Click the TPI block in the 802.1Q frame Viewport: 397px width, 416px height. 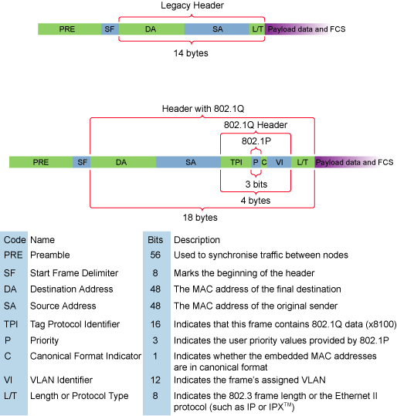tap(236, 162)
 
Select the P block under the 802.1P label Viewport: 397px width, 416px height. tap(256, 162)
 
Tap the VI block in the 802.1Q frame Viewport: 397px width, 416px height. tap(279, 162)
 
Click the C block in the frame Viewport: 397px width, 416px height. tap(264, 162)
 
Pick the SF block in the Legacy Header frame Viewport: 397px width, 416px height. tap(110, 29)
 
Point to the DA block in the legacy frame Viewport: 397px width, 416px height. tap(151, 29)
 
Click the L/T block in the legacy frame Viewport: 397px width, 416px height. tap(257, 29)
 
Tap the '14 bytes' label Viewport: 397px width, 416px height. tap(191, 53)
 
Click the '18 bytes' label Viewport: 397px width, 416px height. tap(200, 218)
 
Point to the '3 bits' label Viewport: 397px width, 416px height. tap(256, 184)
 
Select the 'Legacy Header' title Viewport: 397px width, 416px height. tap(192, 5)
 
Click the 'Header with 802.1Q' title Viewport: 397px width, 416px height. tap(203, 109)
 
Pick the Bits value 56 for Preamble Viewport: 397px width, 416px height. tap(155, 255)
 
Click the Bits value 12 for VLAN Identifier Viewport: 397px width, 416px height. tap(155, 380)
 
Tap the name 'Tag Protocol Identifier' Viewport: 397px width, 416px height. tap(75, 324)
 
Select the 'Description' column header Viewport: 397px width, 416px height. tap(197, 240)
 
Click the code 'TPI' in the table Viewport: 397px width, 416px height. tap(11, 324)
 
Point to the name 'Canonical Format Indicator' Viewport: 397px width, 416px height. tap(86, 356)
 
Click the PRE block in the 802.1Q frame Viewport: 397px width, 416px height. tap(41, 162)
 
